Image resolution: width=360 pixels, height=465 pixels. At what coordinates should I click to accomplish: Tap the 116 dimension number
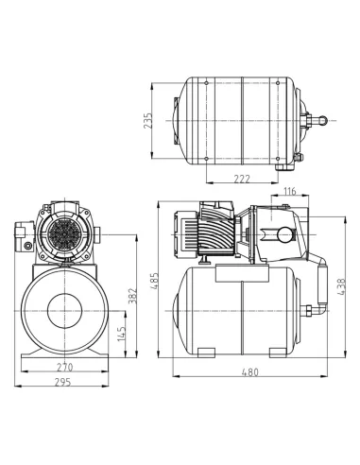click(291, 192)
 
